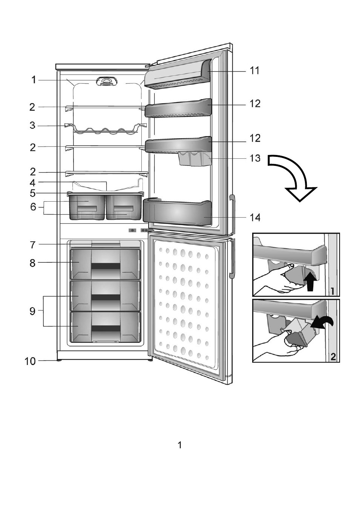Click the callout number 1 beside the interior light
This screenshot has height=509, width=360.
[34, 80]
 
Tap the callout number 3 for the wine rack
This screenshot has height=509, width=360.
[33, 125]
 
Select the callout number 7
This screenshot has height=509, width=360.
[33, 245]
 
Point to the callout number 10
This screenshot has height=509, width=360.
[30, 361]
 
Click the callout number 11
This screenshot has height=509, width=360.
[255, 71]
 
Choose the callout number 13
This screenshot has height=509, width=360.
[255, 158]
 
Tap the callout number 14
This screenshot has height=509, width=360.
[255, 218]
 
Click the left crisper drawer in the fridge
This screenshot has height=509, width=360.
[86, 207]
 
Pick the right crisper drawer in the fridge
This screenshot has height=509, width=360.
[124, 207]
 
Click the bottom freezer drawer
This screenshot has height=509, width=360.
[106, 326]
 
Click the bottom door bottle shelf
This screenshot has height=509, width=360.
[176, 212]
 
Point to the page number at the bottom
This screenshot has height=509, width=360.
[180, 445]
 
